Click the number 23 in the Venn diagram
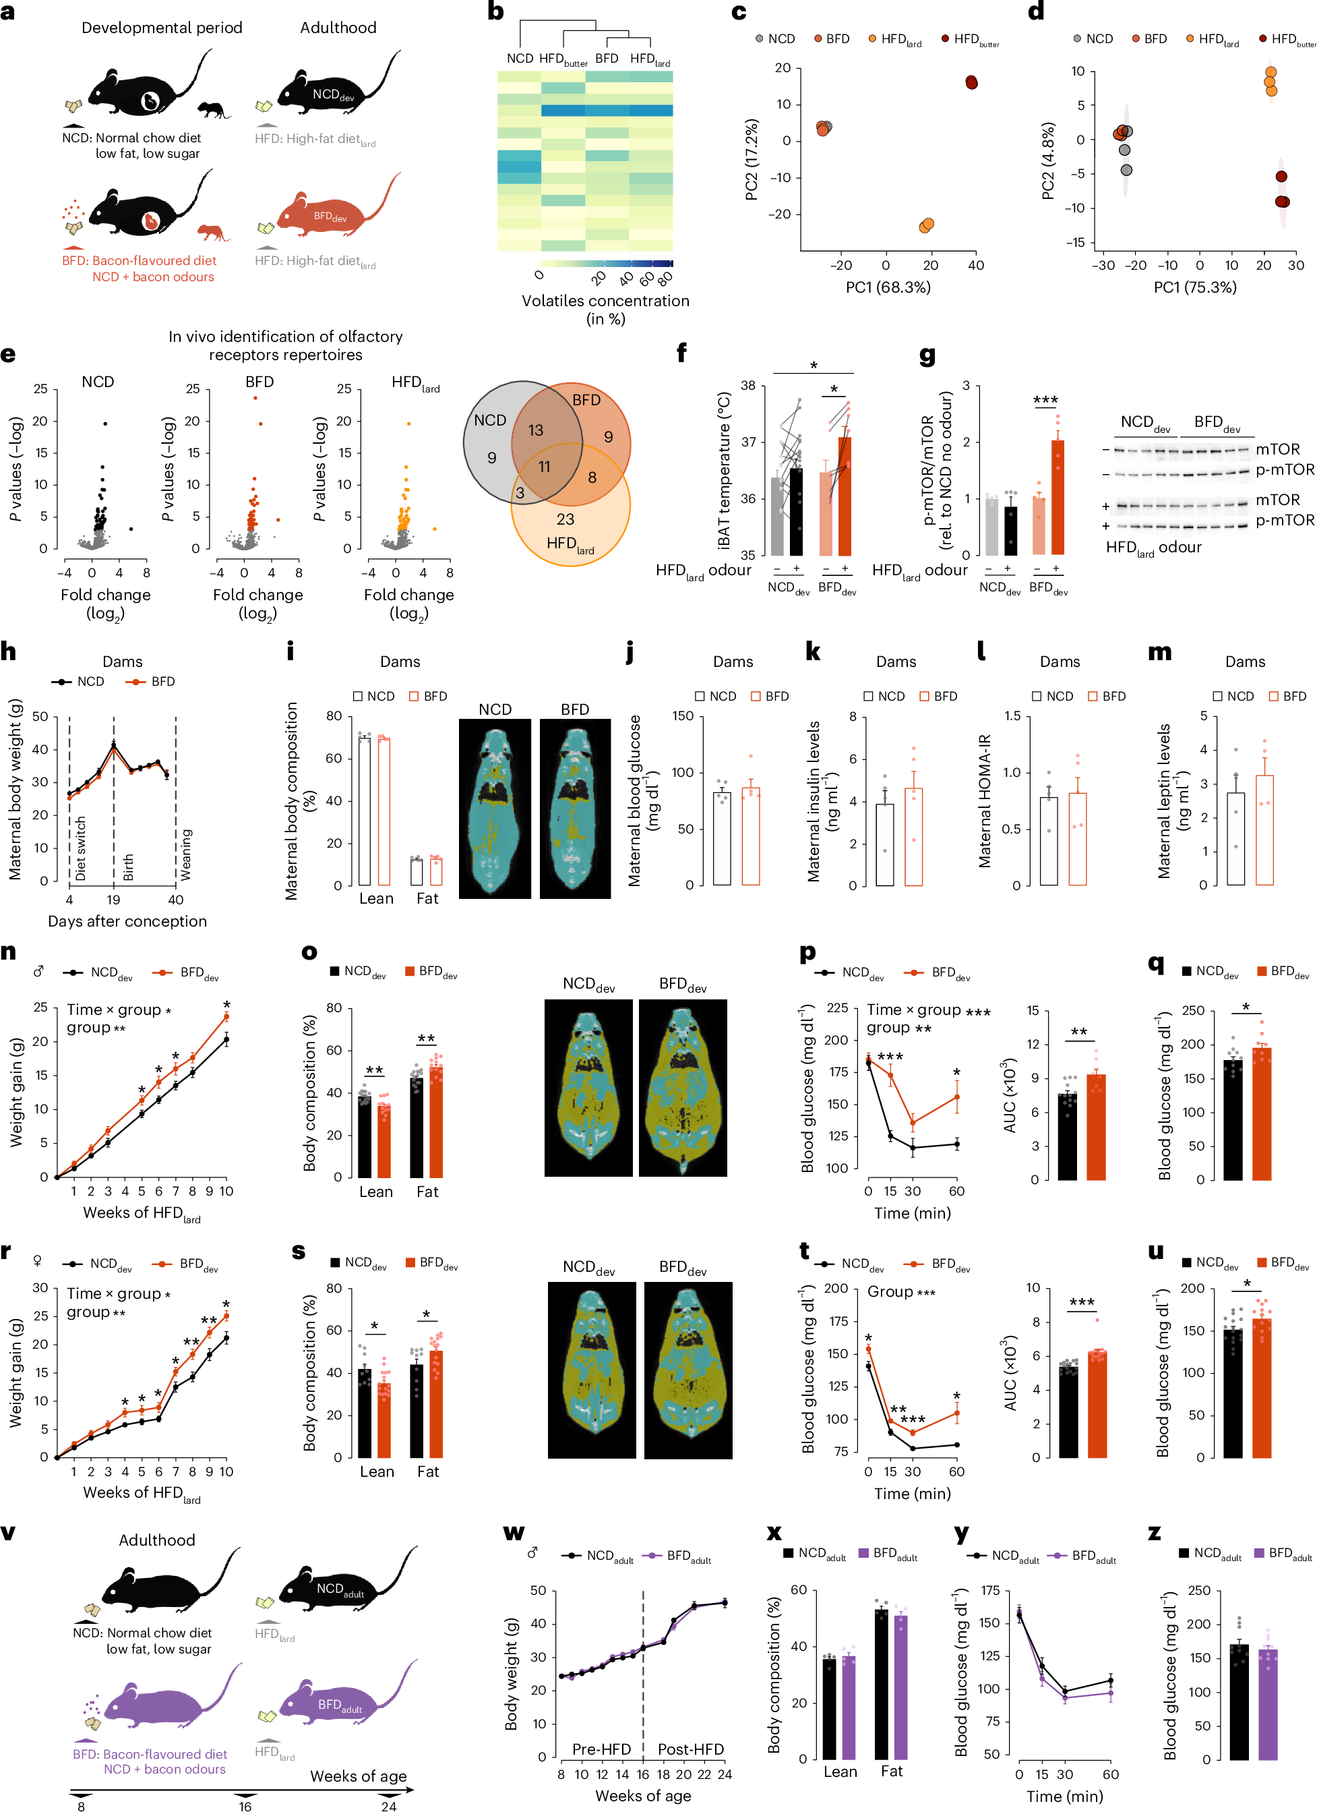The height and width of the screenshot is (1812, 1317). tap(565, 519)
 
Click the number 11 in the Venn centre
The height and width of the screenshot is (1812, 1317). tap(544, 467)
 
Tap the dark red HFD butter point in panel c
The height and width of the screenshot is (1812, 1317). tap(971, 82)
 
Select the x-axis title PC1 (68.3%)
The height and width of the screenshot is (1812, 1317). tap(888, 288)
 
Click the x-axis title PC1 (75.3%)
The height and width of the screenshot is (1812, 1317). tap(1195, 288)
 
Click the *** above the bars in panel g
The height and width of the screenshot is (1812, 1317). tap(1045, 401)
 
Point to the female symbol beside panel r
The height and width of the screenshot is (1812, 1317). tap(37, 1261)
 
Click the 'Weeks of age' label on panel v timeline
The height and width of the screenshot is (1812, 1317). tap(358, 1776)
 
